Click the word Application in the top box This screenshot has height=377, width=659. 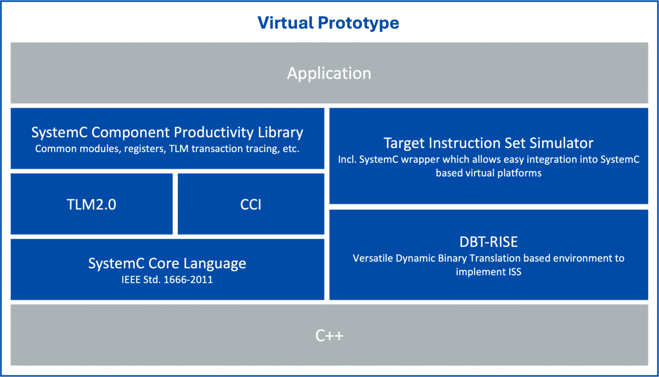[x=329, y=74]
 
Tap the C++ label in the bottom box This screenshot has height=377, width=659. [x=329, y=335]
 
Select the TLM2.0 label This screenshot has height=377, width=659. [x=91, y=204]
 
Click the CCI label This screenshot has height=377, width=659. [x=251, y=204]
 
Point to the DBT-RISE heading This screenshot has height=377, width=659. [x=488, y=242]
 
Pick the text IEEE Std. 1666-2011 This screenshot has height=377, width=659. [x=167, y=280]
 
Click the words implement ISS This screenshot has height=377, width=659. [x=488, y=272]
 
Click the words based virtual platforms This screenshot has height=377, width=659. [x=488, y=173]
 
